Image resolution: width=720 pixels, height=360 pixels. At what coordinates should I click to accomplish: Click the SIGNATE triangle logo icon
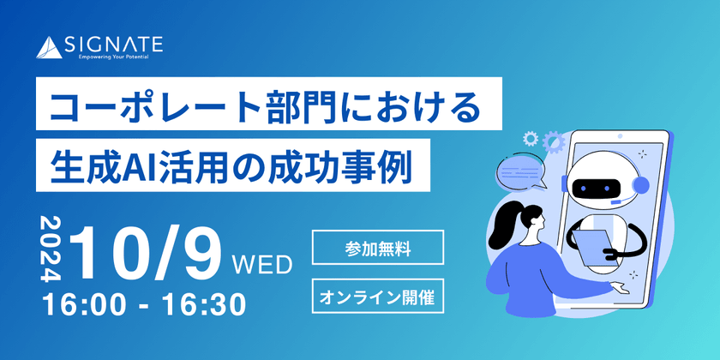[x=52, y=48]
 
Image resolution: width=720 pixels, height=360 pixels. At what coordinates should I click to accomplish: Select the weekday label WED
[x=262, y=262]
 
